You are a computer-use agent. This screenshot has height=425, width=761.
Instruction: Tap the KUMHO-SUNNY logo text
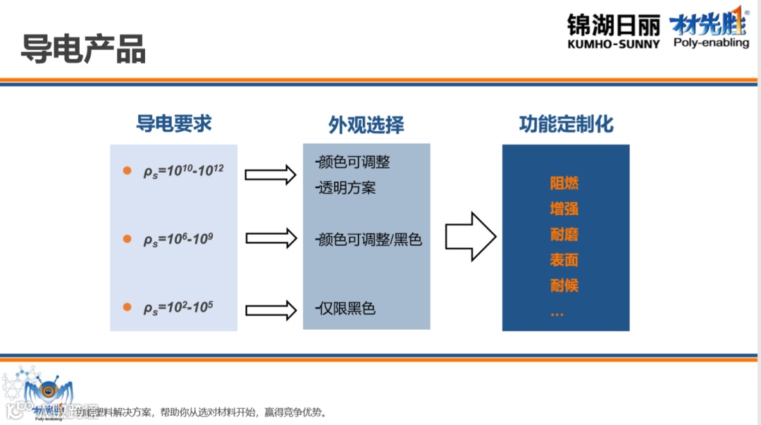pyautogui.click(x=613, y=44)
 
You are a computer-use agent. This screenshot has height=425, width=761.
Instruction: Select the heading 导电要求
pyautogui.click(x=174, y=123)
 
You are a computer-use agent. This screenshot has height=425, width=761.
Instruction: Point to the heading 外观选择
pyautogui.click(x=366, y=125)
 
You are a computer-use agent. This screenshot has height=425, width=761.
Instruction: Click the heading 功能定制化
pyautogui.click(x=566, y=124)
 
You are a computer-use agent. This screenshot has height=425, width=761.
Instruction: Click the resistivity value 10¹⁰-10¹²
pyautogui.click(x=183, y=171)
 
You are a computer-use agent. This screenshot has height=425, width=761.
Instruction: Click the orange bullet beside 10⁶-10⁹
pyautogui.click(x=128, y=239)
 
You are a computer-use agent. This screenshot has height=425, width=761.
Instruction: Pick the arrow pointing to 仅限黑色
pyautogui.click(x=271, y=309)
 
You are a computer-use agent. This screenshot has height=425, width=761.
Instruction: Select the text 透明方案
pyautogui.click(x=347, y=187)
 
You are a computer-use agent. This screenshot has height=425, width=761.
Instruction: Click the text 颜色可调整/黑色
pyautogui.click(x=369, y=240)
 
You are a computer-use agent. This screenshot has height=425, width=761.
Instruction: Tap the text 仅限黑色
pyautogui.click(x=346, y=308)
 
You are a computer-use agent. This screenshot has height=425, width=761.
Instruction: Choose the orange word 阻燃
pyautogui.click(x=564, y=183)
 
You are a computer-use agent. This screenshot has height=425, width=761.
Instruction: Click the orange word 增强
pyautogui.click(x=564, y=209)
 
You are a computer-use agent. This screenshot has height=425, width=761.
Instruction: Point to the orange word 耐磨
pyautogui.click(x=564, y=234)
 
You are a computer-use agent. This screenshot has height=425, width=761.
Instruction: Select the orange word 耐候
pyautogui.click(x=564, y=285)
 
